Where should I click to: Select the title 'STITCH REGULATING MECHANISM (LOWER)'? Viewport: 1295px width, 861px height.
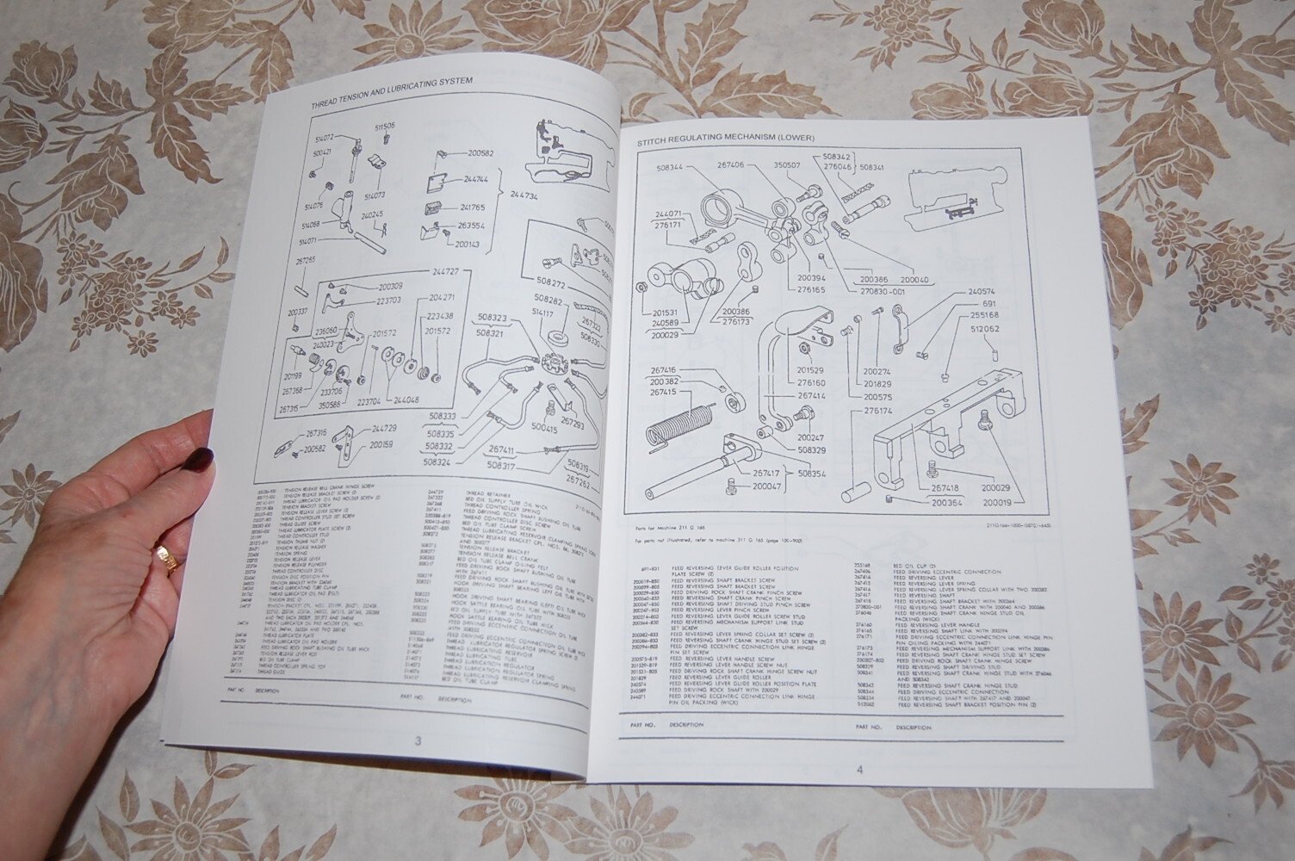[x=728, y=139]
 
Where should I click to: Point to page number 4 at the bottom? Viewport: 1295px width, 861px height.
[x=858, y=770]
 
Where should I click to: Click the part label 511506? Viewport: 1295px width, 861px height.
[x=385, y=127]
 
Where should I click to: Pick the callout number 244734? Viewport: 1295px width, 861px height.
[x=525, y=195]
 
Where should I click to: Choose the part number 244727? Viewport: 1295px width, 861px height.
[x=453, y=271]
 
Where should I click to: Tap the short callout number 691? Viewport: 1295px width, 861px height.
[x=988, y=304]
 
